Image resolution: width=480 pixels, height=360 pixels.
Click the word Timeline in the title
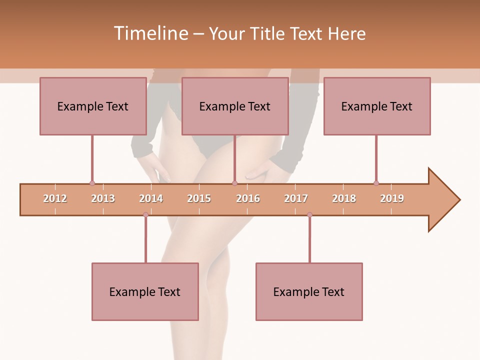[150, 33]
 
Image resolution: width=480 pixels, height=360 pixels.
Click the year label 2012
[55, 198]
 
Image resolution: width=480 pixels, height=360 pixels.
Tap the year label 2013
[103, 198]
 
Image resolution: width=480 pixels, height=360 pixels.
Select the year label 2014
[151, 198]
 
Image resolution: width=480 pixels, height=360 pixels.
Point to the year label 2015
[199, 198]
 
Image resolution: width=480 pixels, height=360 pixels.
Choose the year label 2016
[248, 198]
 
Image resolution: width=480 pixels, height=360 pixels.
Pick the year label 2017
[296, 198]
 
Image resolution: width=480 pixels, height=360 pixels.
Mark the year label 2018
[344, 198]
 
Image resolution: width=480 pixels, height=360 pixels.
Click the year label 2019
[392, 198]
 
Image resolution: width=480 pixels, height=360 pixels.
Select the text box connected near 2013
[93, 106]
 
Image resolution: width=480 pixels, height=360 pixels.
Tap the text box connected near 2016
[235, 106]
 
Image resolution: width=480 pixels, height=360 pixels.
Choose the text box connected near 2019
[377, 106]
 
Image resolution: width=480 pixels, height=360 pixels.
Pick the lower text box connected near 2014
[145, 291]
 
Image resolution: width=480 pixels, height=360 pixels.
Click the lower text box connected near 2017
[309, 291]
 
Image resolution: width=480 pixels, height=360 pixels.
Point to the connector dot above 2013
[92, 183]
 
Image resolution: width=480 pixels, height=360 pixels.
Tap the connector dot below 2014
[145, 214]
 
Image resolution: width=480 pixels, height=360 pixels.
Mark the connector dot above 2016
[234, 183]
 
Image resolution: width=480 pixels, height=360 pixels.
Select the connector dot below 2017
[309, 214]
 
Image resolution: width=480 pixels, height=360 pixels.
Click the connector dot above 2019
[376, 183]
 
